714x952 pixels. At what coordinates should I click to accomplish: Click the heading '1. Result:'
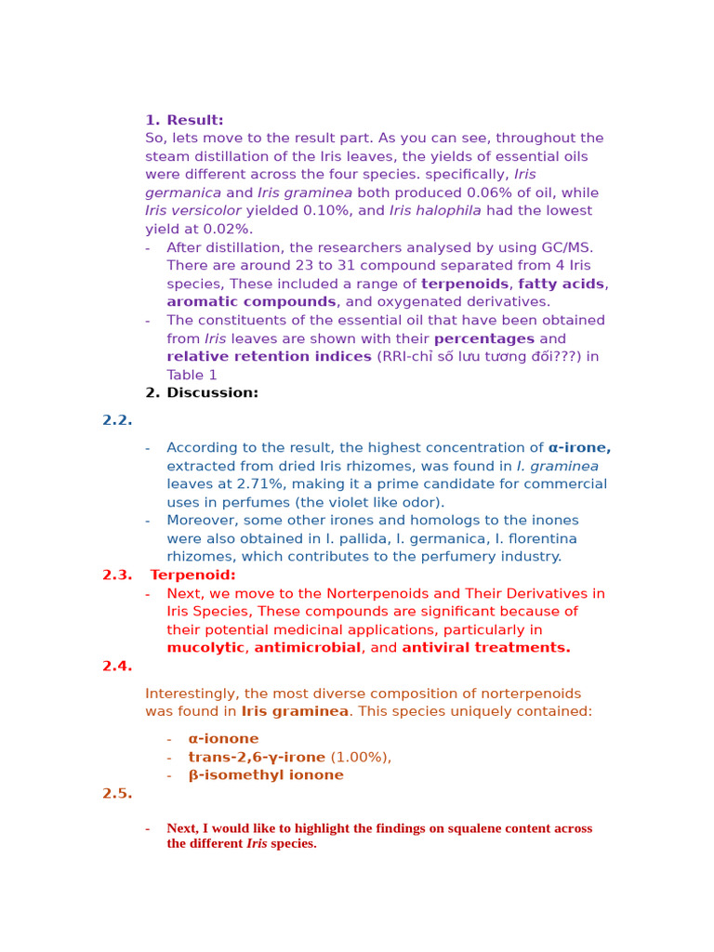(184, 120)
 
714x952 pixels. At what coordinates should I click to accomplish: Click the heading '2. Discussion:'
(202, 392)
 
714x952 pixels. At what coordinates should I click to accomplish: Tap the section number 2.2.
(117, 420)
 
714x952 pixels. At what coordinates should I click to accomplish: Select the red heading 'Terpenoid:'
(192, 575)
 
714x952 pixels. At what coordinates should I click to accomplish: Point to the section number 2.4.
(117, 666)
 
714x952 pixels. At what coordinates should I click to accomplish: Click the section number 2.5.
(117, 793)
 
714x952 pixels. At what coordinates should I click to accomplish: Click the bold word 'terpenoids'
(464, 284)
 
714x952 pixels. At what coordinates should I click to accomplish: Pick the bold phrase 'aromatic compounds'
(251, 301)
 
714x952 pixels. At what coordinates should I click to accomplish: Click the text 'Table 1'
(192, 375)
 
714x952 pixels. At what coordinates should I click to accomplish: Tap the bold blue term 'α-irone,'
(579, 447)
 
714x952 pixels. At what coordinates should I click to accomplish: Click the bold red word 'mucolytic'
(205, 647)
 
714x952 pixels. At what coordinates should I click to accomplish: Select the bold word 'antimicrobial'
(308, 647)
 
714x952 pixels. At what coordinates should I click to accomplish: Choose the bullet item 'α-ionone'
(223, 738)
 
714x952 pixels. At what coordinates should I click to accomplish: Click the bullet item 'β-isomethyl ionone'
(266, 774)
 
